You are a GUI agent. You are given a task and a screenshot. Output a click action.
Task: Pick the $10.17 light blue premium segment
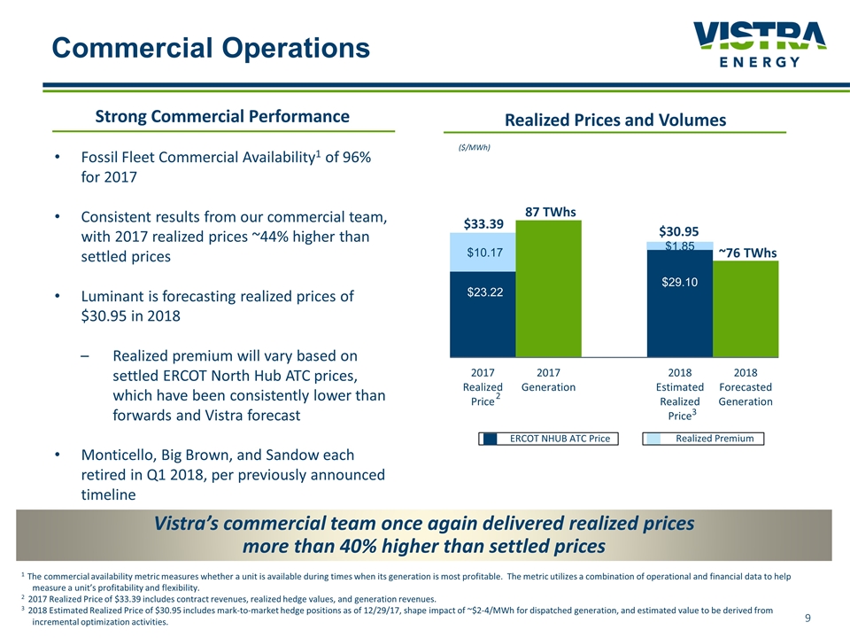tap(483, 253)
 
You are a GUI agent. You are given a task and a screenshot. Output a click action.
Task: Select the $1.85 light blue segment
tap(679, 245)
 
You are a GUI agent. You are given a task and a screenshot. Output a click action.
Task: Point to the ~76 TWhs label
tap(746, 253)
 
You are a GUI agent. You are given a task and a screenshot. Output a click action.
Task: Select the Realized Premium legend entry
tap(703, 439)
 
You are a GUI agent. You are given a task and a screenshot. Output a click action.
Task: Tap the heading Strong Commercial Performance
tap(222, 116)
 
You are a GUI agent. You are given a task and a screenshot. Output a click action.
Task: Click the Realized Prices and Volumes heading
tap(614, 120)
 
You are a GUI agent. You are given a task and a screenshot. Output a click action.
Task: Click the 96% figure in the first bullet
tap(352, 157)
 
